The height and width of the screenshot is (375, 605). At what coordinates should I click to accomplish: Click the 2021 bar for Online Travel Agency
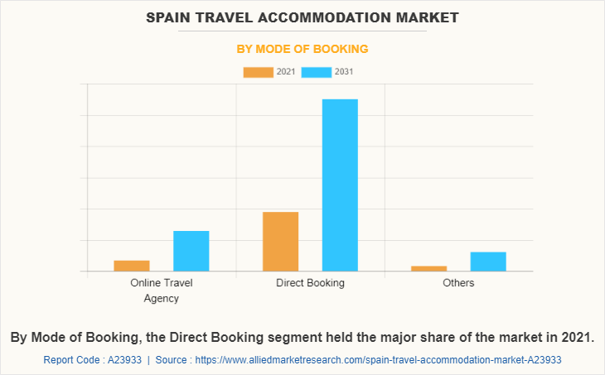[x=132, y=266]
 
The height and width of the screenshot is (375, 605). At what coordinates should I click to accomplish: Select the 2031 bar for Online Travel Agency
[x=191, y=251]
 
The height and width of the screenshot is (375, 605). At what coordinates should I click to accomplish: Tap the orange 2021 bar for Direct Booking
[x=280, y=242]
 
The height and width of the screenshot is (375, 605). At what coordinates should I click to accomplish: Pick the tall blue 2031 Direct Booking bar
[x=340, y=185]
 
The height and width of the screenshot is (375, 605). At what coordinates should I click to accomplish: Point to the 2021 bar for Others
[x=428, y=268]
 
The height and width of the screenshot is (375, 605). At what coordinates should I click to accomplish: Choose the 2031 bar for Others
[x=488, y=262]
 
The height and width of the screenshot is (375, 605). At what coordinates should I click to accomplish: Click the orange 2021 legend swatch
[x=258, y=72]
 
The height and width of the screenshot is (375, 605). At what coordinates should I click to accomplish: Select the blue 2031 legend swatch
[x=317, y=72]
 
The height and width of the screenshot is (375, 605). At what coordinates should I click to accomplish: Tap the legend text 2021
[x=286, y=72]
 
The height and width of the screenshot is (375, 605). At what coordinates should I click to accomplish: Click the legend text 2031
[x=345, y=72]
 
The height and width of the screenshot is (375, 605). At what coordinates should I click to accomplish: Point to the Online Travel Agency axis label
[x=162, y=291]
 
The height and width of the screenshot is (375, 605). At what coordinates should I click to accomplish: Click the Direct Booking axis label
[x=310, y=283]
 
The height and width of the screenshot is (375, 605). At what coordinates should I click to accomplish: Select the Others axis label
[x=458, y=283]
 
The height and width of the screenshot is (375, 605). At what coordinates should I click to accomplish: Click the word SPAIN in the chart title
[x=170, y=17]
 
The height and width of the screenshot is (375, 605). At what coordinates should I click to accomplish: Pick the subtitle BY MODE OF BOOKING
[x=302, y=49]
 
